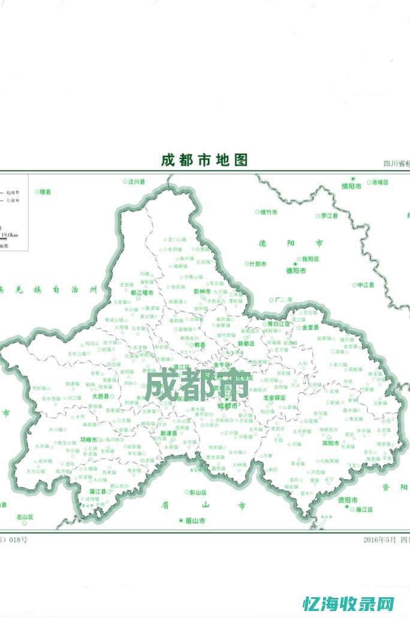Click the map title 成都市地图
point(204,161)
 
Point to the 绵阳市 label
point(351,186)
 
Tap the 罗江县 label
point(329,216)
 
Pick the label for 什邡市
point(258,264)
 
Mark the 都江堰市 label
point(141,292)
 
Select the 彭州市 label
point(202,291)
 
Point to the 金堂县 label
point(310,328)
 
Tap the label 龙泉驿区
point(274,397)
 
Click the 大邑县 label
point(100,397)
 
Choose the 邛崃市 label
point(88,439)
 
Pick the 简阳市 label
point(330,443)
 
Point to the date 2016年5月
point(379,540)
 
